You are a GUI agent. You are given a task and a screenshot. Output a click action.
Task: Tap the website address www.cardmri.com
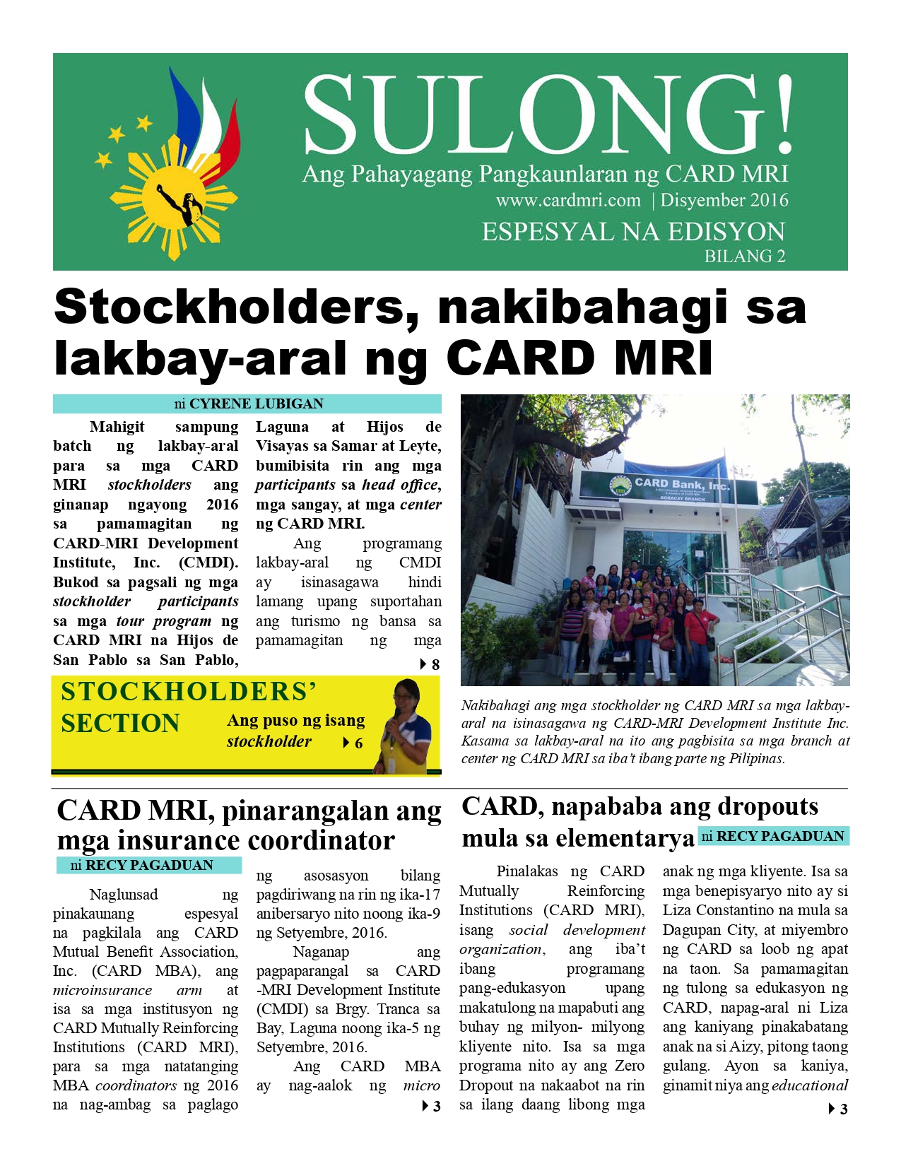[x=568, y=200]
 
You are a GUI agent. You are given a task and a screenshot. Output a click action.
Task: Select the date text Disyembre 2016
[x=724, y=200]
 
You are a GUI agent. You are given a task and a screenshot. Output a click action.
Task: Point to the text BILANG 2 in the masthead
[x=744, y=256]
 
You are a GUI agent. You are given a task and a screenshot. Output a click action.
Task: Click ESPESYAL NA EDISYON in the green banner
[x=633, y=232]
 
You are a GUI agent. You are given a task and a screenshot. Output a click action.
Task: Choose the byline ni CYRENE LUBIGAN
[x=248, y=404]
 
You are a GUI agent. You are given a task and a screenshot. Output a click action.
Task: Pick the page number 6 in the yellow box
[x=359, y=743]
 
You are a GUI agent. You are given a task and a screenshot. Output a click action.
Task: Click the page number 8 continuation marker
[x=435, y=665]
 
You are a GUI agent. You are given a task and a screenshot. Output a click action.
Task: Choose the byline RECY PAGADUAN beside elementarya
[x=779, y=836]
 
